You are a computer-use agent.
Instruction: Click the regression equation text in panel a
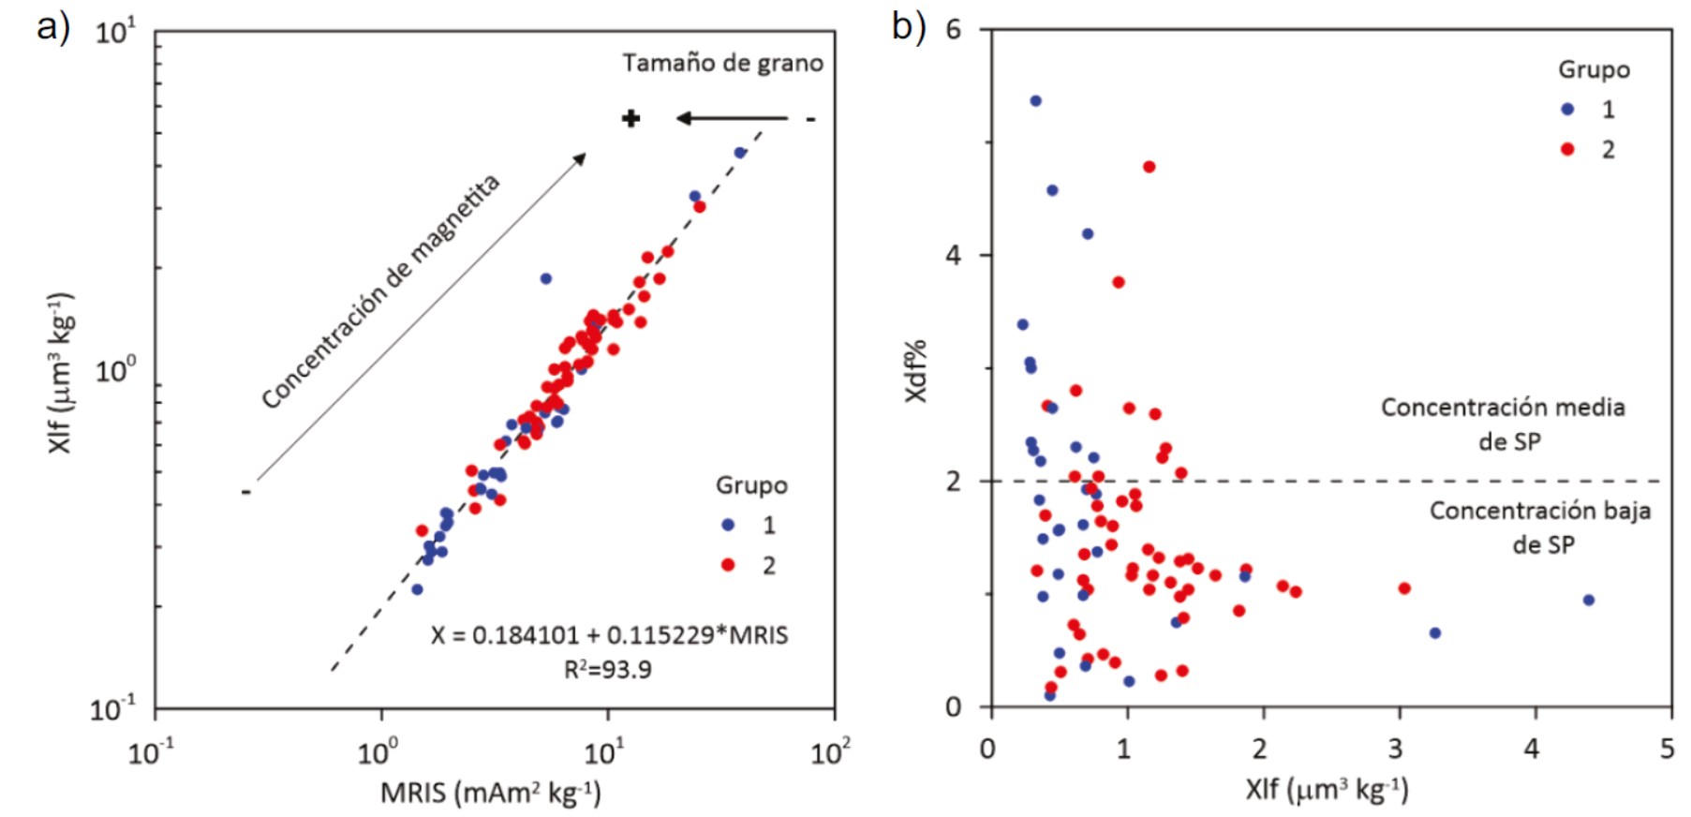(609, 635)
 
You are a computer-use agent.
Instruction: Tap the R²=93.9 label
(607, 670)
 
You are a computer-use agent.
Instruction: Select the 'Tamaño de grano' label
(722, 63)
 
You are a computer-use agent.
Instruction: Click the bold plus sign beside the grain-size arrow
(631, 118)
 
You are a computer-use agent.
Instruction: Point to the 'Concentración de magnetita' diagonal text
(380, 291)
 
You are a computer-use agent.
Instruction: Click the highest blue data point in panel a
(740, 153)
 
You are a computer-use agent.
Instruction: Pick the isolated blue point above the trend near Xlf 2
(546, 278)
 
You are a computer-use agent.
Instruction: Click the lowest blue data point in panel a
(417, 589)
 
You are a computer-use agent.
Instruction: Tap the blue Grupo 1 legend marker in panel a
(728, 525)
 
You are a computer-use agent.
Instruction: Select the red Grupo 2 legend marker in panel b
(1567, 150)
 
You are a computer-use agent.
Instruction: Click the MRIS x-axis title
(490, 793)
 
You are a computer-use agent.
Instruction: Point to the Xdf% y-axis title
(915, 371)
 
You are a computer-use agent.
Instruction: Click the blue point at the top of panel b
(1035, 101)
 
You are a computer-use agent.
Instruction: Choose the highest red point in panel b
(1150, 167)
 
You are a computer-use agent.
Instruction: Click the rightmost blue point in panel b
(1589, 600)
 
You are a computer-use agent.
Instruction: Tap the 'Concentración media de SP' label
(1503, 423)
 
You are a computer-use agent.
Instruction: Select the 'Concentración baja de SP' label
(1539, 527)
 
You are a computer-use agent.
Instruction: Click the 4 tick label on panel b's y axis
(953, 255)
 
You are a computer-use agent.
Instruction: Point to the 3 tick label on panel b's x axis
(1395, 749)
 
